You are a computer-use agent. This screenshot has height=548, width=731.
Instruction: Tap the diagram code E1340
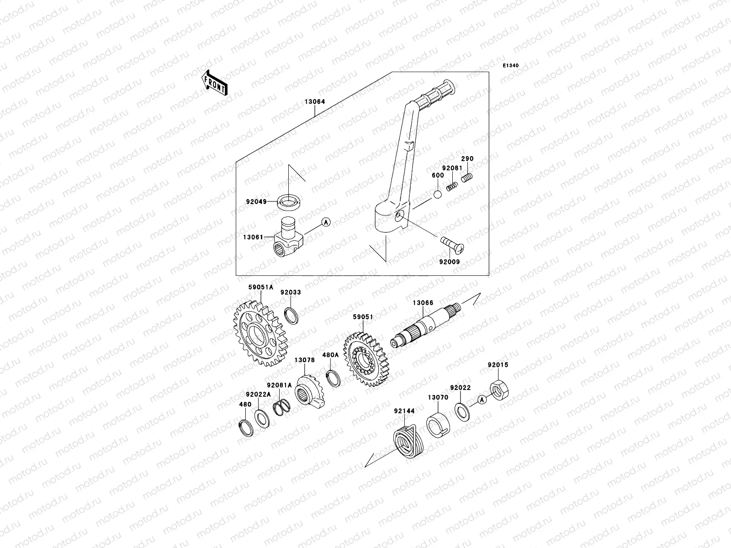[x=511, y=66]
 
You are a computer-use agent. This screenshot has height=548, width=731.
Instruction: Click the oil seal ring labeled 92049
[x=288, y=200]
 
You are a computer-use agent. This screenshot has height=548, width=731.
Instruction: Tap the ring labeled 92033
[x=291, y=315]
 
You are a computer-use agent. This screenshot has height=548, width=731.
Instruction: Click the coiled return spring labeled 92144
[x=408, y=440]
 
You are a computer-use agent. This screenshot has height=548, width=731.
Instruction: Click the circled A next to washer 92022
[x=481, y=400]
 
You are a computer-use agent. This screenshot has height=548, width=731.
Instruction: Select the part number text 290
[x=467, y=158]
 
